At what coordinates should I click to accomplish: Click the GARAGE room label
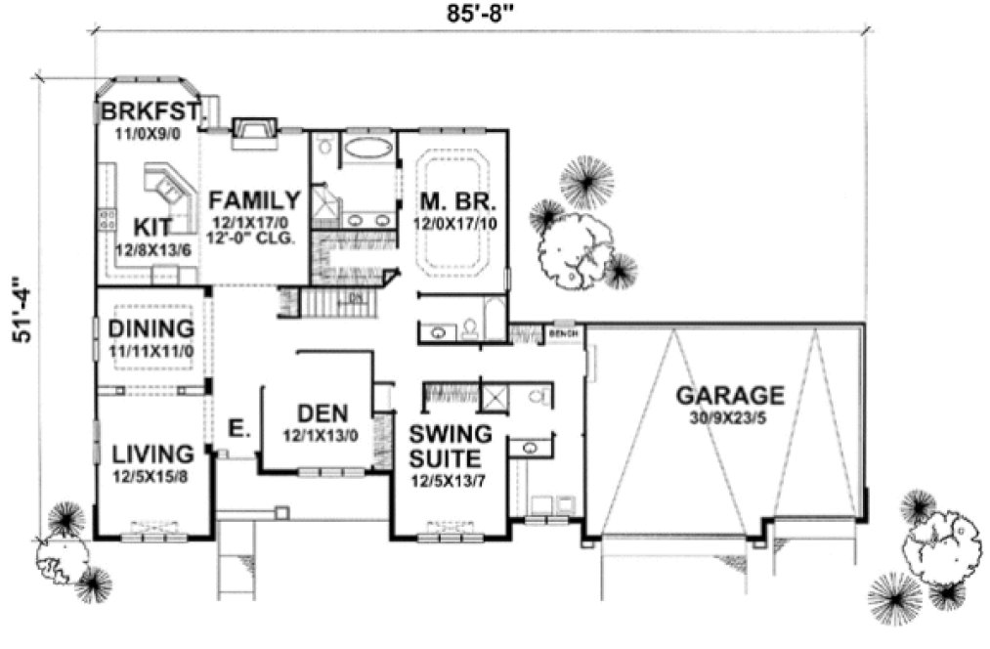[729, 395]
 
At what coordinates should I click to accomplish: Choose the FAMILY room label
[254, 201]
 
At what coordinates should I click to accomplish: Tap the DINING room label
[151, 327]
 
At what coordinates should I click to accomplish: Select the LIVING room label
[151, 454]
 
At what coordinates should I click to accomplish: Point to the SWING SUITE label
[446, 446]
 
